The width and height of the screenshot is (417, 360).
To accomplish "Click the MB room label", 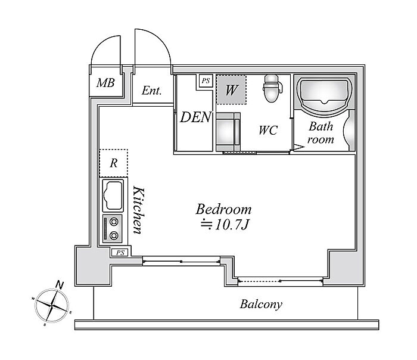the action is pyautogui.click(x=105, y=83).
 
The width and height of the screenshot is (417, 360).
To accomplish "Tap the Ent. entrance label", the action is pyautogui.click(x=151, y=91).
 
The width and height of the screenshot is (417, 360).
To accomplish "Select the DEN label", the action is pyautogui.click(x=196, y=117).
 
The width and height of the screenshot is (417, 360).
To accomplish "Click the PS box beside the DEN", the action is pyautogui.click(x=206, y=80).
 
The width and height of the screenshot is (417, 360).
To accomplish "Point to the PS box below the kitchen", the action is pyautogui.click(x=120, y=253).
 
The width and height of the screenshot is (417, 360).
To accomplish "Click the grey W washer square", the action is pyautogui.click(x=231, y=89).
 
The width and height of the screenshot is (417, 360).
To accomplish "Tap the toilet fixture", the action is pyautogui.click(x=272, y=88).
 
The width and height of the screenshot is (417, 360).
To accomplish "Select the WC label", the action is pyautogui.click(x=268, y=130).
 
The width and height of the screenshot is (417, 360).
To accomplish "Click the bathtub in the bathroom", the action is pyautogui.click(x=323, y=94).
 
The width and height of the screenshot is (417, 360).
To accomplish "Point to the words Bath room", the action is pyautogui.click(x=320, y=133).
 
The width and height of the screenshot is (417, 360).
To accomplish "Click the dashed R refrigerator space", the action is pyautogui.click(x=114, y=163).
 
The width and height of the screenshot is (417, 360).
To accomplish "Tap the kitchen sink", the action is pyautogui.click(x=113, y=195).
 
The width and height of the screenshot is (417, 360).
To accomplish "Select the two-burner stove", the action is pyautogui.click(x=113, y=229).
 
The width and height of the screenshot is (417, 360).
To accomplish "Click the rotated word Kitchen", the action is pyautogui.click(x=138, y=210).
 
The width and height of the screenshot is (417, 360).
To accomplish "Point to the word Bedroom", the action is pyautogui.click(x=223, y=209).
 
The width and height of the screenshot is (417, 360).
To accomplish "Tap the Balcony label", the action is pyautogui.click(x=261, y=304).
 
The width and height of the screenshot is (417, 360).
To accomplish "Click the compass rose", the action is pyautogui.click(x=52, y=306).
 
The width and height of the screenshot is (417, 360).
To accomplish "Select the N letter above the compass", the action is pyautogui.click(x=60, y=285).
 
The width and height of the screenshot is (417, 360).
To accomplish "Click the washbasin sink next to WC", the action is pyautogui.click(x=228, y=132).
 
